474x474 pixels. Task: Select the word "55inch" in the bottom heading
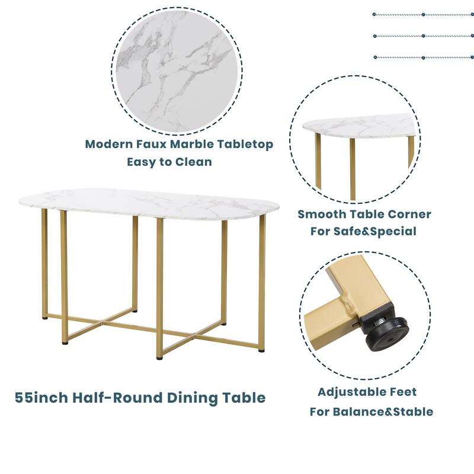pyautogui.click(x=41, y=398)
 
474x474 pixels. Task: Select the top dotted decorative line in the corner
pyautogui.click(x=422, y=14)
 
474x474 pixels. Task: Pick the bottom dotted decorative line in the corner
pyautogui.click(x=422, y=57)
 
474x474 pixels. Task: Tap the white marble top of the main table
pyautogui.click(x=148, y=203)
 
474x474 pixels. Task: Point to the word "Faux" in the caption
pyautogui.click(x=150, y=144)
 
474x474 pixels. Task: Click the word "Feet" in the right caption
pyautogui.click(x=403, y=392)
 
